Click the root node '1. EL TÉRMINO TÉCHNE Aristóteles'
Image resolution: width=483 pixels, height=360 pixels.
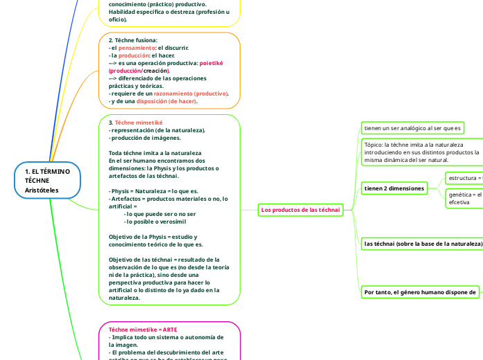tap(47, 180)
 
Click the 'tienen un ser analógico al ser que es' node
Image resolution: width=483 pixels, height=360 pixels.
tap(414, 128)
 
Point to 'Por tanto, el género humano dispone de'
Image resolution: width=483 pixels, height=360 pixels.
tap(420, 292)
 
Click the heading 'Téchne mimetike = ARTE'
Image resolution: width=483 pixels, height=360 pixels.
tap(143, 330)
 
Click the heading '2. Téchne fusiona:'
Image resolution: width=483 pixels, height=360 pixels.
tap(133, 40)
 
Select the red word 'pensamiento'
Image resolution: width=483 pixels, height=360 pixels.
tap(136, 48)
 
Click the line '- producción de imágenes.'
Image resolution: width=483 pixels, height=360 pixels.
tap(146, 137)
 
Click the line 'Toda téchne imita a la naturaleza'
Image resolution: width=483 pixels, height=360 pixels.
tap(155, 152)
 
